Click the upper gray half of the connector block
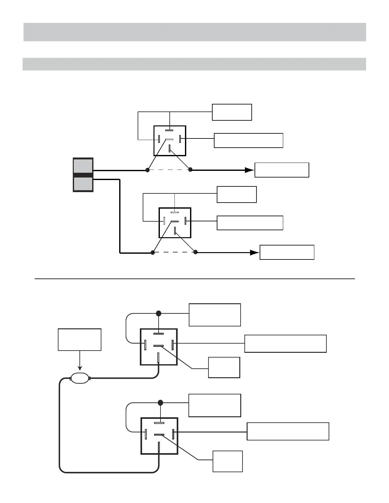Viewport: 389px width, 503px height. (x=83, y=165)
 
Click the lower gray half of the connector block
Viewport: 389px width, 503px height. (x=83, y=184)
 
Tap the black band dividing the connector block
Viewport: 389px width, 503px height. (x=83, y=175)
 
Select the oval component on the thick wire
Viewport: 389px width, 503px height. (x=80, y=378)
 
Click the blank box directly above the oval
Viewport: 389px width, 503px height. (x=79, y=339)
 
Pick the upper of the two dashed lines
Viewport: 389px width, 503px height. (x=169, y=170)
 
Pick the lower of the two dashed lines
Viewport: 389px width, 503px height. (x=174, y=252)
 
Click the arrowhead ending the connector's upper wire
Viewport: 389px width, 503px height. (x=249, y=170)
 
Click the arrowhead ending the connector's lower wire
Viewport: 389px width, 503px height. (x=255, y=252)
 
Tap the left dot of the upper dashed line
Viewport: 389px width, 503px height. (x=147, y=170)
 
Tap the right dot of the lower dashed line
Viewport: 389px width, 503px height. (x=195, y=252)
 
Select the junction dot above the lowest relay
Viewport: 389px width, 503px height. (x=160, y=403)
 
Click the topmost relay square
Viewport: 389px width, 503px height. (x=170, y=141)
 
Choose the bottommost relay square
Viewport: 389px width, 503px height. (x=159, y=436)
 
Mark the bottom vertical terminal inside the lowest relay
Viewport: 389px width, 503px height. (x=159, y=447)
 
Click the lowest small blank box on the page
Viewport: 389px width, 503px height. (x=228, y=461)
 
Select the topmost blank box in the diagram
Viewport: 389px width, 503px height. (x=232, y=112)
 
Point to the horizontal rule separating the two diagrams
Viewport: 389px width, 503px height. (x=194, y=279)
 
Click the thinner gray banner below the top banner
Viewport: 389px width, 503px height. (x=194, y=64)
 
